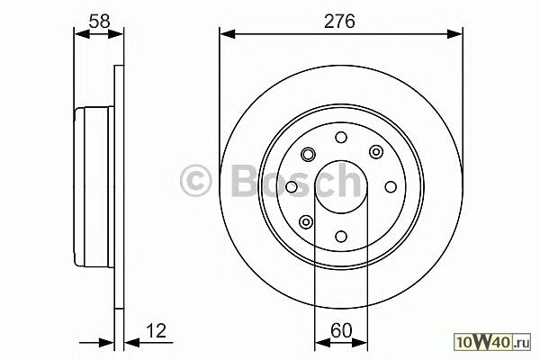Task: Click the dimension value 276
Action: (x=339, y=22)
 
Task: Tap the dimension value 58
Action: (x=99, y=22)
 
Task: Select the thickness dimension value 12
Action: (x=156, y=330)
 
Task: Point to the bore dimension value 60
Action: (x=341, y=330)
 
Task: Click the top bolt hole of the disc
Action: (x=341, y=138)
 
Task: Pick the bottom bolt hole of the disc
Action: (x=341, y=237)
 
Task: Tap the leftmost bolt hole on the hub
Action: (x=292, y=187)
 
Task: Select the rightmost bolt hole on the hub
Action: (x=391, y=187)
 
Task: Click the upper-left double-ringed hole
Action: (x=308, y=154)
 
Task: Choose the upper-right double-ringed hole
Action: (x=376, y=151)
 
